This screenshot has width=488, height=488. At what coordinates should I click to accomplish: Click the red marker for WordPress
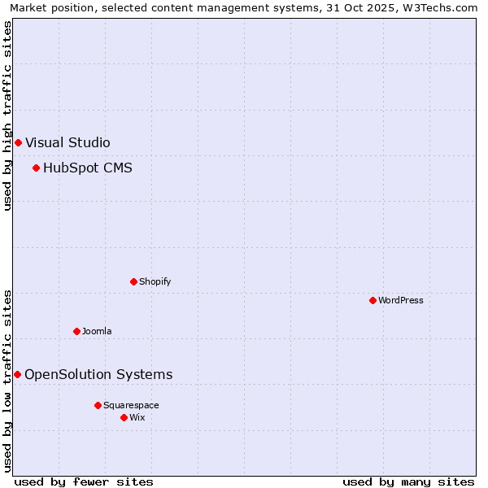pos(373,300)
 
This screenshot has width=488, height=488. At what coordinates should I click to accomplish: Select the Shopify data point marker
pos(133,281)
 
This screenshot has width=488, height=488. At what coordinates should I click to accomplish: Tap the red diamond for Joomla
pos(76,331)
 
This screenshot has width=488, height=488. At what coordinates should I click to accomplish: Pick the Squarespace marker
pos(98,405)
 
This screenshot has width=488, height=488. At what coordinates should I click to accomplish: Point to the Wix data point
pos(124,417)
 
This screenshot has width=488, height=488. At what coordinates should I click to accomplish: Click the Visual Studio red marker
pos(18,142)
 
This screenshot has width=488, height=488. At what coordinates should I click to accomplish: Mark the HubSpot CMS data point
pos(36,168)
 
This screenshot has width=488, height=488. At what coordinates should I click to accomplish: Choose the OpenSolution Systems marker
pos(17,374)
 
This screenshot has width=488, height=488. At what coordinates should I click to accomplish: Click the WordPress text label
pos(400,300)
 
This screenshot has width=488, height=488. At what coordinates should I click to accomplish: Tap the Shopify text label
pos(155,281)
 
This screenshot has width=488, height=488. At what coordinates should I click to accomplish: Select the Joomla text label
pos(97,331)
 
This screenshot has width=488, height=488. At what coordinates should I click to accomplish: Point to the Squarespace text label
pos(131,405)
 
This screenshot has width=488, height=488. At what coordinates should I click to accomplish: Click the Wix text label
pos(137,417)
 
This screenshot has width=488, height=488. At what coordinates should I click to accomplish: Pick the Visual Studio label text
pos(68,142)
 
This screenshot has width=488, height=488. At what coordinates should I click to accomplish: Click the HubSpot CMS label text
pos(87,168)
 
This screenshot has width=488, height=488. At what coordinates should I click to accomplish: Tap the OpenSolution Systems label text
pos(98,374)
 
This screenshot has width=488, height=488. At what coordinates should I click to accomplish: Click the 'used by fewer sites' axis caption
pos(84,481)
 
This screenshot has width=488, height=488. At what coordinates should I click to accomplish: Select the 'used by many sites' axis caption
pos(408,481)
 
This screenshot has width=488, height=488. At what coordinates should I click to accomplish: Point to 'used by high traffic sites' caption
pos(7,115)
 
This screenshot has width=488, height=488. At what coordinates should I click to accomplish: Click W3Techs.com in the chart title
pos(439,7)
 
